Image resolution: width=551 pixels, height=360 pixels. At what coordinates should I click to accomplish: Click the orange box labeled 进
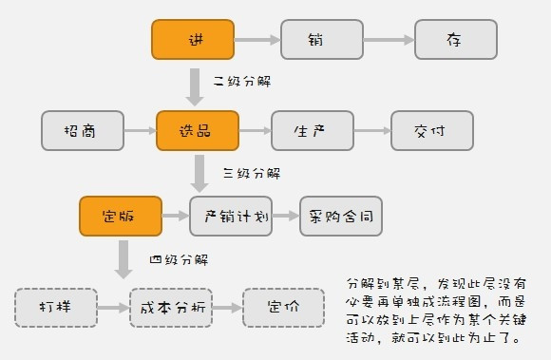[x=193, y=40]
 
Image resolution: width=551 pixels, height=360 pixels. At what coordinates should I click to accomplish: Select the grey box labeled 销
[x=321, y=40]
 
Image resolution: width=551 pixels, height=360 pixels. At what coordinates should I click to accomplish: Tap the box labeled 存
[x=455, y=40]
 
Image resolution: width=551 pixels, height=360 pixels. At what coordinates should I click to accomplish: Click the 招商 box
[x=83, y=130]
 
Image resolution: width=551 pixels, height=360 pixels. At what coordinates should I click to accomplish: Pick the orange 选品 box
[x=198, y=130]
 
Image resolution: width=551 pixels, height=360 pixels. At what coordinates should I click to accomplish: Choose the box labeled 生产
[x=312, y=130]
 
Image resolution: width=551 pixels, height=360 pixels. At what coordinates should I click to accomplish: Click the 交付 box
[x=431, y=130]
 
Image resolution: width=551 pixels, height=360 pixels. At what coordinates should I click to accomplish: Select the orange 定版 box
[x=120, y=217]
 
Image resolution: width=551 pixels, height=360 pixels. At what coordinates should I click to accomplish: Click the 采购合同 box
[x=341, y=217]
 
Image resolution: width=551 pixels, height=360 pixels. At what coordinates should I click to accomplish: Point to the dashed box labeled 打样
[x=56, y=307]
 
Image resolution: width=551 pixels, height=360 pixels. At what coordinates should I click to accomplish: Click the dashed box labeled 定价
[x=283, y=307]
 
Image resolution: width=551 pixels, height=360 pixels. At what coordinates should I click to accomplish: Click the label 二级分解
[x=241, y=82]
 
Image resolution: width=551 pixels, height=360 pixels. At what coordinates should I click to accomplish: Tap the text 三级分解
[x=251, y=173]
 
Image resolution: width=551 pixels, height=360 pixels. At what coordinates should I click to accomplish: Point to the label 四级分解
[x=179, y=259]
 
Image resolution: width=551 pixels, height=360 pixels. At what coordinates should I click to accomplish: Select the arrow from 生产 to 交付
[x=371, y=130]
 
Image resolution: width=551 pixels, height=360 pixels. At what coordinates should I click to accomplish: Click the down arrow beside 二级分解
[x=194, y=85]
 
